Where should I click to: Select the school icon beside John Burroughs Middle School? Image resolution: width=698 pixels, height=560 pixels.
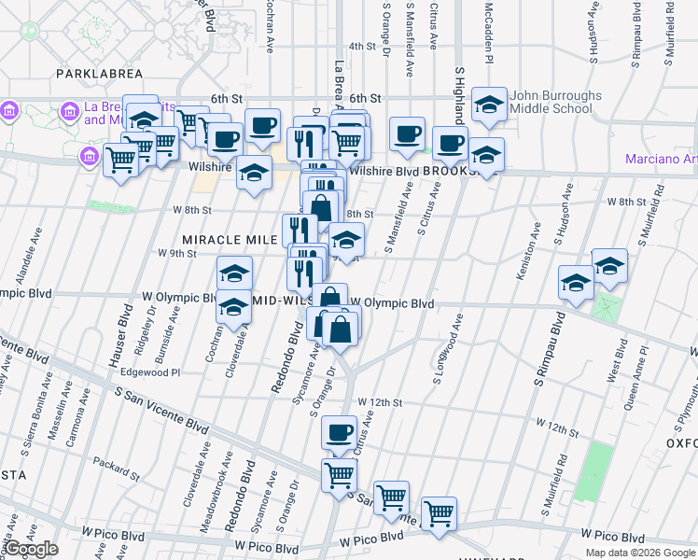[x=489, y=106]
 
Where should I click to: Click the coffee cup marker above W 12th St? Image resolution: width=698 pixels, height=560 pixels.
[x=340, y=432]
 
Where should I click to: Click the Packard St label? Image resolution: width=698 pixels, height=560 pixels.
[x=116, y=460]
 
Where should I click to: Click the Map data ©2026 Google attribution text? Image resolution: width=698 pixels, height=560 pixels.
[x=641, y=553]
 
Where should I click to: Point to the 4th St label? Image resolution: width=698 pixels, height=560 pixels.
[x=361, y=46]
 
